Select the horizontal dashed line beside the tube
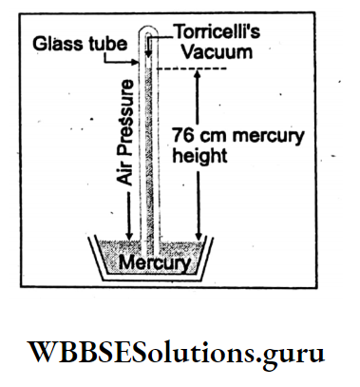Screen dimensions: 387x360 (195, 68)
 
